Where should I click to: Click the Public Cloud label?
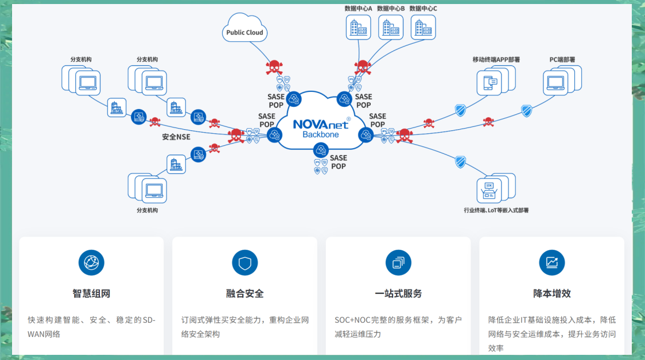244,33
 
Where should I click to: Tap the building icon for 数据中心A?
358,27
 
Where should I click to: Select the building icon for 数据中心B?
391,27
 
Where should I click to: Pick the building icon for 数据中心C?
423,27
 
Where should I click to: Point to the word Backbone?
321,135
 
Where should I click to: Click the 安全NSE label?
176,137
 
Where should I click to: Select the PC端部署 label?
562,59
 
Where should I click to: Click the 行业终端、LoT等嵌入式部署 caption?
496,210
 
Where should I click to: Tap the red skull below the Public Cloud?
274,68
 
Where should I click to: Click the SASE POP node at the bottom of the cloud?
321,150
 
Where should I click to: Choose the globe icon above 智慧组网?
91,262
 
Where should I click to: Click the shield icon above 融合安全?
244,262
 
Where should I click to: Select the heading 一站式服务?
398,293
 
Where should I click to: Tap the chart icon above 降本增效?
551,262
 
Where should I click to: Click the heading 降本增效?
551,293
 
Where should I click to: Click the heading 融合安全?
244,293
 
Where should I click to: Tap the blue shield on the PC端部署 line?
526,110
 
